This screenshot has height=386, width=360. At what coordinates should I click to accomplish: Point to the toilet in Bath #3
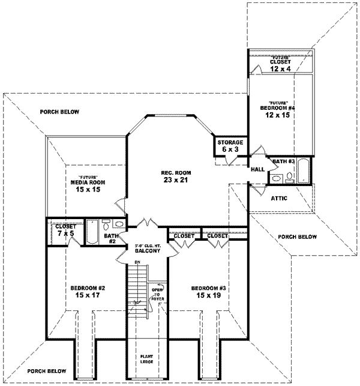tap(289, 176)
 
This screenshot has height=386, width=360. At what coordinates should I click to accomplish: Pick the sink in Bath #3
tap(277, 178)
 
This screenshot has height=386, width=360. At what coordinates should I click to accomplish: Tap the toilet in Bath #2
tap(106, 226)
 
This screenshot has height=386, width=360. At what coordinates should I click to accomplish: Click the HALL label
tap(259, 170)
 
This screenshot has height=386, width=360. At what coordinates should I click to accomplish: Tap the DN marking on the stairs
tap(137, 263)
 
